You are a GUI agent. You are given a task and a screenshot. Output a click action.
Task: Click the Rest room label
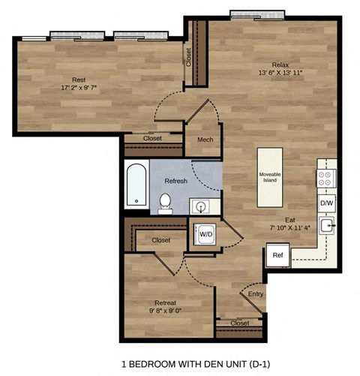pos(78,80)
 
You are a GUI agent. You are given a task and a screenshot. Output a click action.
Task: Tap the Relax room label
pos(281,65)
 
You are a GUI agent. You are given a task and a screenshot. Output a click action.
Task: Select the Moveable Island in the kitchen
pos(270,178)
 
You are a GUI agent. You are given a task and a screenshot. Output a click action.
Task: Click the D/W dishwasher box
pos(326,203)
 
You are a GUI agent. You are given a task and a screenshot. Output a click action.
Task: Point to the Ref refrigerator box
pos(277,255)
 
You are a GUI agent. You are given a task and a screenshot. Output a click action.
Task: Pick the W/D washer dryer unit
pos(204,234)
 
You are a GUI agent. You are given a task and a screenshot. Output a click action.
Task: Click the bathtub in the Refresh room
pos(136,185)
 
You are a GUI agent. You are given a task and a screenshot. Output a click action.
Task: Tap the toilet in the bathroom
pos(165,202)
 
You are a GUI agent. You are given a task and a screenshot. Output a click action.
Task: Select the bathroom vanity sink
pos(201,205)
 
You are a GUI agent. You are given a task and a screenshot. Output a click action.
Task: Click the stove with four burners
pos(326,179)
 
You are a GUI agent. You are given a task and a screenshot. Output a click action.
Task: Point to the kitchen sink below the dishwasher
pos(326,226)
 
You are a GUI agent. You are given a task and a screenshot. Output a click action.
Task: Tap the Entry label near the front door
pos(255,295)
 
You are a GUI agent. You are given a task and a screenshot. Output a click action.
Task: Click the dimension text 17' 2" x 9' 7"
pos(78,88)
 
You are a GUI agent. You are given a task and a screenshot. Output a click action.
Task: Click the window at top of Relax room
pos(256,14)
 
